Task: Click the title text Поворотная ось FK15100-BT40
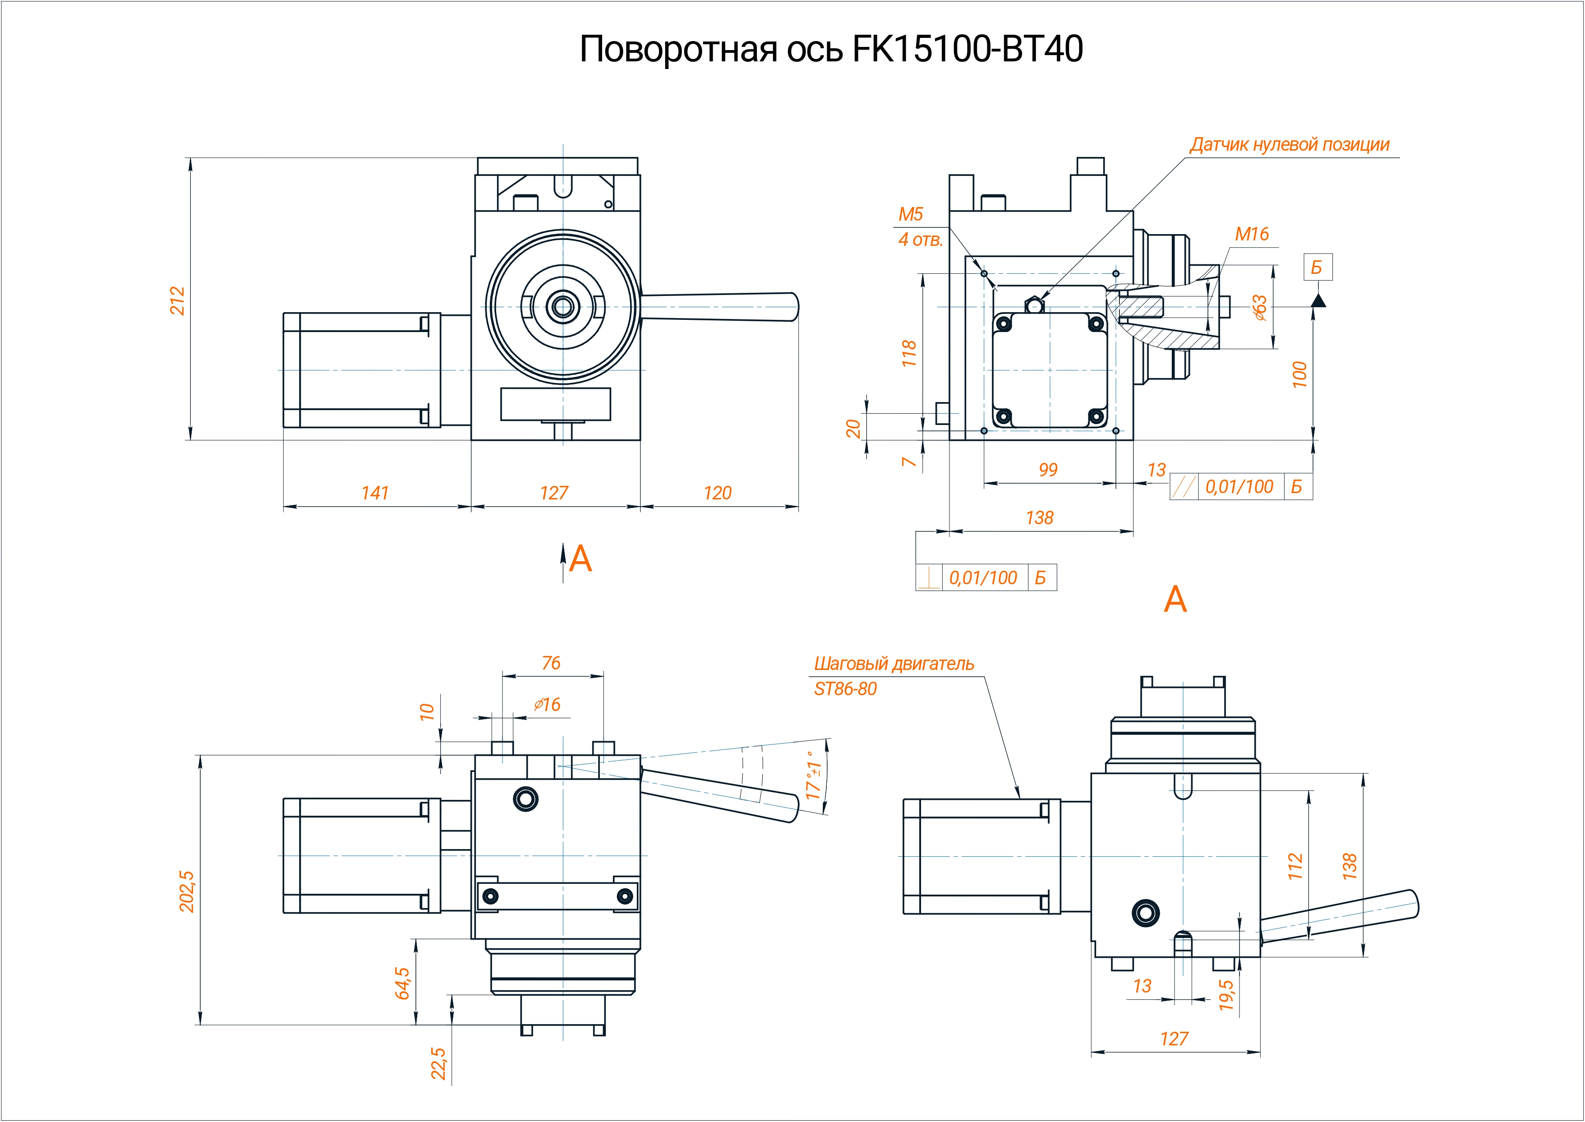[831, 49]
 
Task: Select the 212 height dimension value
[178, 300]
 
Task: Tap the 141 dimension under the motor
[375, 493]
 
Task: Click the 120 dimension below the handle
[718, 493]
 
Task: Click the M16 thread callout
[1251, 234]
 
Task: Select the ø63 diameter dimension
[1260, 307]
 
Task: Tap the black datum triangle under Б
[1318, 300]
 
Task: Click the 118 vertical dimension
[909, 353]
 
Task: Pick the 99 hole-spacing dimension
[1048, 470]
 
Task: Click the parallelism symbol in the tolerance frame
[1184, 487]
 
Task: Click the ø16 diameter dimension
[547, 705]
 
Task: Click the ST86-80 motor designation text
[845, 689]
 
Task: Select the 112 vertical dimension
[1295, 866]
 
